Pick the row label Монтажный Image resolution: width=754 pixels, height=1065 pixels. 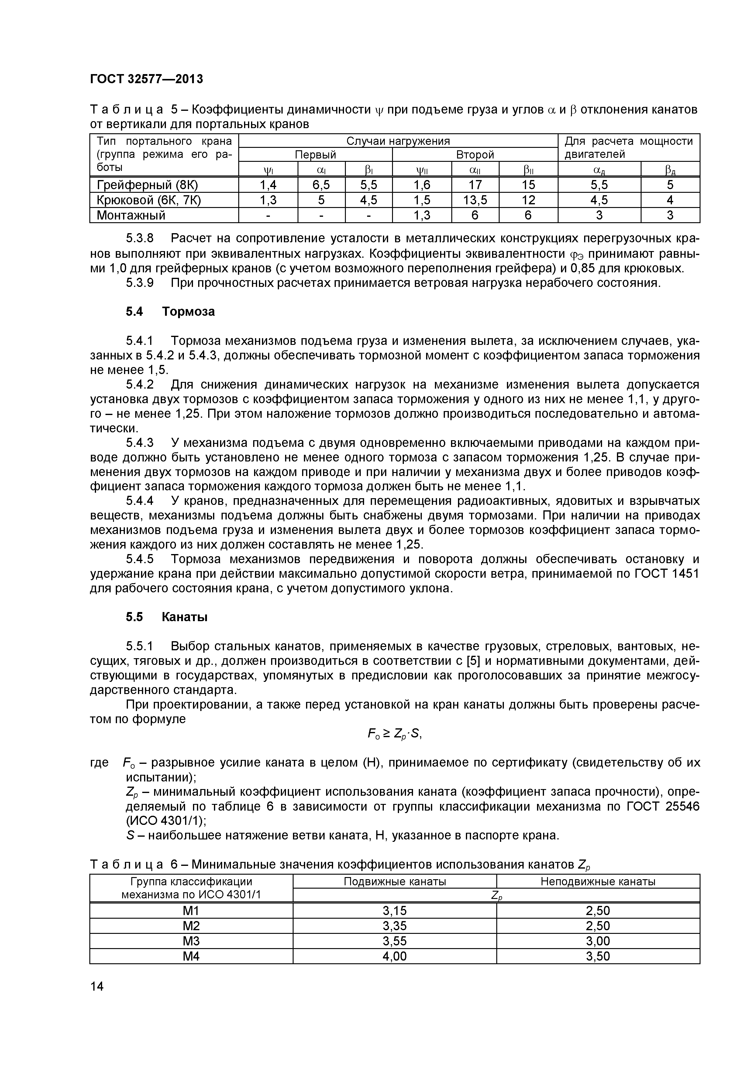coord(131,215)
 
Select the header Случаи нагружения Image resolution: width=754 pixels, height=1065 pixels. coord(398,141)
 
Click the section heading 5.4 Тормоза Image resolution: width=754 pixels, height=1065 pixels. coord(170,311)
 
